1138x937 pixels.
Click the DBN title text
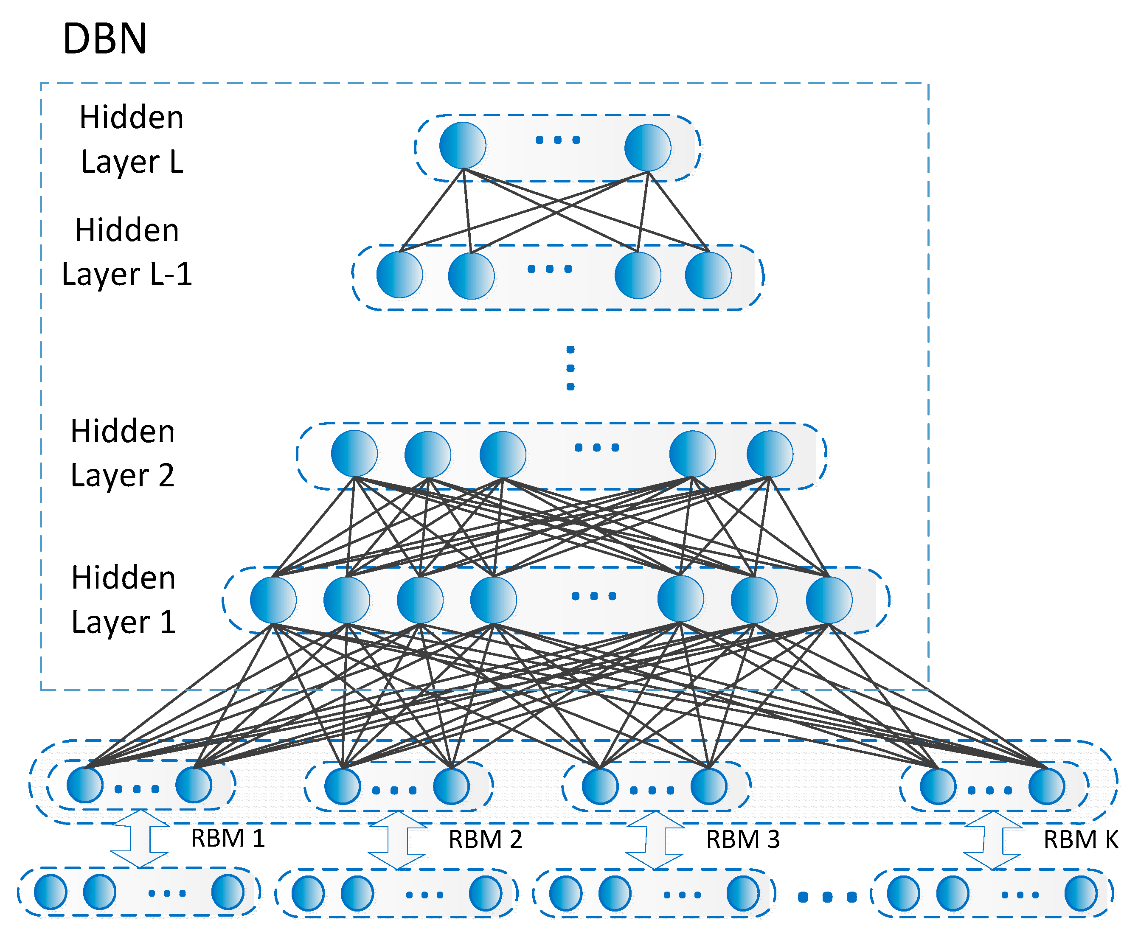[105, 39]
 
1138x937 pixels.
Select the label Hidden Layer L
[132, 139]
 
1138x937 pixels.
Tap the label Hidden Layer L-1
[127, 252]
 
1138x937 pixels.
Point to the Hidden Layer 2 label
[123, 453]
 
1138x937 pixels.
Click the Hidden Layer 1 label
[124, 600]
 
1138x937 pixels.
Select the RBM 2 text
[485, 839]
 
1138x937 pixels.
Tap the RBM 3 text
[743, 839]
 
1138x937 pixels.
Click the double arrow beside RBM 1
[140, 839]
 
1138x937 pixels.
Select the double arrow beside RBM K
[993, 840]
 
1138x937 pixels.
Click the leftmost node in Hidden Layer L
[463, 146]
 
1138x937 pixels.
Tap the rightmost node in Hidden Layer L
[647, 148]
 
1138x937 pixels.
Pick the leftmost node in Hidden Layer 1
[273, 600]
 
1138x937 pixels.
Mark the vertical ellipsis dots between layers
[570, 368]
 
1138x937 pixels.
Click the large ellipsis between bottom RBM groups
[827, 897]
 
